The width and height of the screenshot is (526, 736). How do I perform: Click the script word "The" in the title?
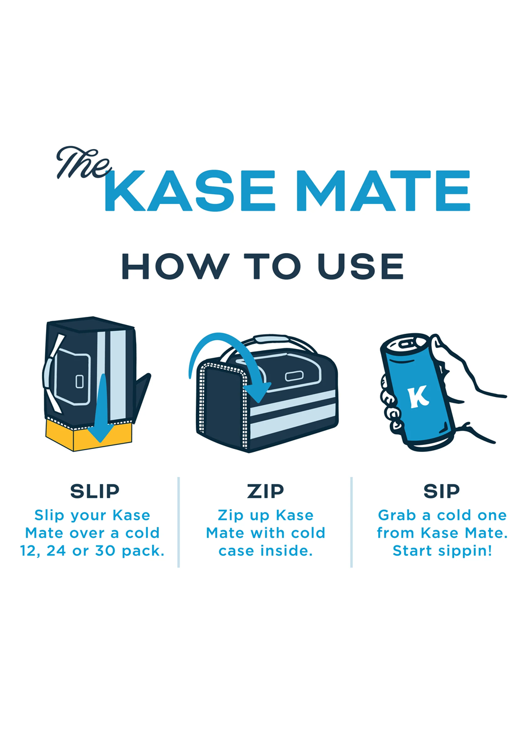click(83, 162)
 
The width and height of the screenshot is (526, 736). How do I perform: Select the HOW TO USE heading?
click(262, 267)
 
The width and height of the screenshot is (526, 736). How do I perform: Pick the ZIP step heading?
click(265, 492)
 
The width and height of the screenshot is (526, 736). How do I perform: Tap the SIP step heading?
click(441, 492)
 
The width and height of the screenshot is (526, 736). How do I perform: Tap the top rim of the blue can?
click(405, 342)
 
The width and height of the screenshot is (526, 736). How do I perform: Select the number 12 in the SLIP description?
click(29, 551)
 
